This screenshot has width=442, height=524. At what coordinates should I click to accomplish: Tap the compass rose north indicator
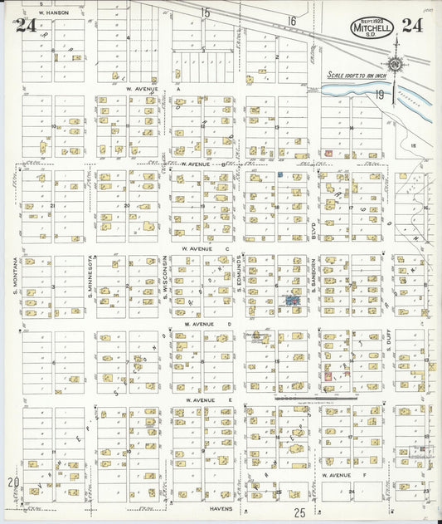tap(396, 63)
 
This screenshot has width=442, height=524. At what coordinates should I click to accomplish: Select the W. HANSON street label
tap(53, 12)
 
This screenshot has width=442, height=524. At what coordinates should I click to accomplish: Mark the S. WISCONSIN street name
tap(165, 277)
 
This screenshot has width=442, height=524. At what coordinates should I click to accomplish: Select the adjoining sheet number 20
tap(12, 482)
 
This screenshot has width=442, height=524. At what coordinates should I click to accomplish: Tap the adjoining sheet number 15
tap(206, 12)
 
